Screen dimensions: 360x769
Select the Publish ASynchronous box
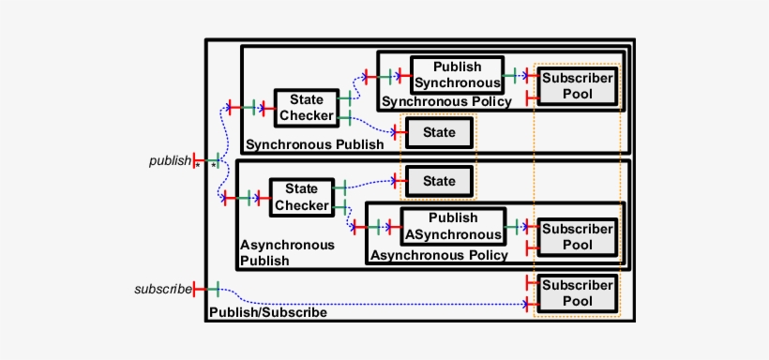point(453,226)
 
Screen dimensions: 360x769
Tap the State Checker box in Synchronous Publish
point(306,108)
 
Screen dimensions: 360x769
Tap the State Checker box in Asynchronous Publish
point(301,197)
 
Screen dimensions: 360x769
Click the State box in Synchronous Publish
point(438,133)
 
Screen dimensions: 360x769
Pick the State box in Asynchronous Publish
point(438,181)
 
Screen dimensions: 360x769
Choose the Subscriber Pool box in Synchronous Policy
point(578,86)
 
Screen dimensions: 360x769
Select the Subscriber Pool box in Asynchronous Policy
point(578,236)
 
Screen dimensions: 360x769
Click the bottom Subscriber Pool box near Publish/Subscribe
point(578,293)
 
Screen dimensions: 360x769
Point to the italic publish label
point(170,160)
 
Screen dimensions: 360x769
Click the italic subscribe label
point(162,289)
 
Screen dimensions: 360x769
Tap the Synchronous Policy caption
point(447,102)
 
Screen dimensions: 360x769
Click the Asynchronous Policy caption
point(439,255)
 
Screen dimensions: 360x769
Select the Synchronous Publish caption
point(314,144)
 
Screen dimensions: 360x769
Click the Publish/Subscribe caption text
point(267,312)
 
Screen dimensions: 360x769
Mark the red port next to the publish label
point(195,160)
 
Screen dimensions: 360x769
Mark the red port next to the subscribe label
point(195,289)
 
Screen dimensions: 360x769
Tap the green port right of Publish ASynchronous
point(513,226)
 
